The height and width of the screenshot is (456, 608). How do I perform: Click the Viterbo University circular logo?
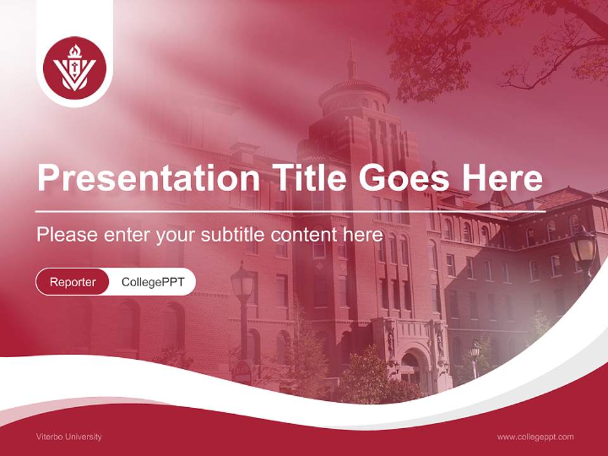click(x=75, y=68)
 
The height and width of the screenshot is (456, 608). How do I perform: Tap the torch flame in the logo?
click(x=75, y=51)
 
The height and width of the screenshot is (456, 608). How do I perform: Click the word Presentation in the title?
click(x=148, y=178)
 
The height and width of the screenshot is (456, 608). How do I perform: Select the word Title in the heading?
click(x=309, y=177)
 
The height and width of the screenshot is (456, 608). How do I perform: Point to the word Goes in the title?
click(x=403, y=178)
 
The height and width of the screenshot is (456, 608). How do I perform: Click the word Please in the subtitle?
click(x=67, y=234)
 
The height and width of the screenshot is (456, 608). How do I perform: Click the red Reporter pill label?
click(x=72, y=282)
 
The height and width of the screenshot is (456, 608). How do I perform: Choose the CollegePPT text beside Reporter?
click(x=153, y=282)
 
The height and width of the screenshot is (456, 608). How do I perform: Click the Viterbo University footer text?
click(x=68, y=437)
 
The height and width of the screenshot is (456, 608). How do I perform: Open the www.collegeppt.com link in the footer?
click(x=535, y=437)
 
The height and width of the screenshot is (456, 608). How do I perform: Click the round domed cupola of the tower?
click(x=354, y=96)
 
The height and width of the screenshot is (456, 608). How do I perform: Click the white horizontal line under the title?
click(x=291, y=212)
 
